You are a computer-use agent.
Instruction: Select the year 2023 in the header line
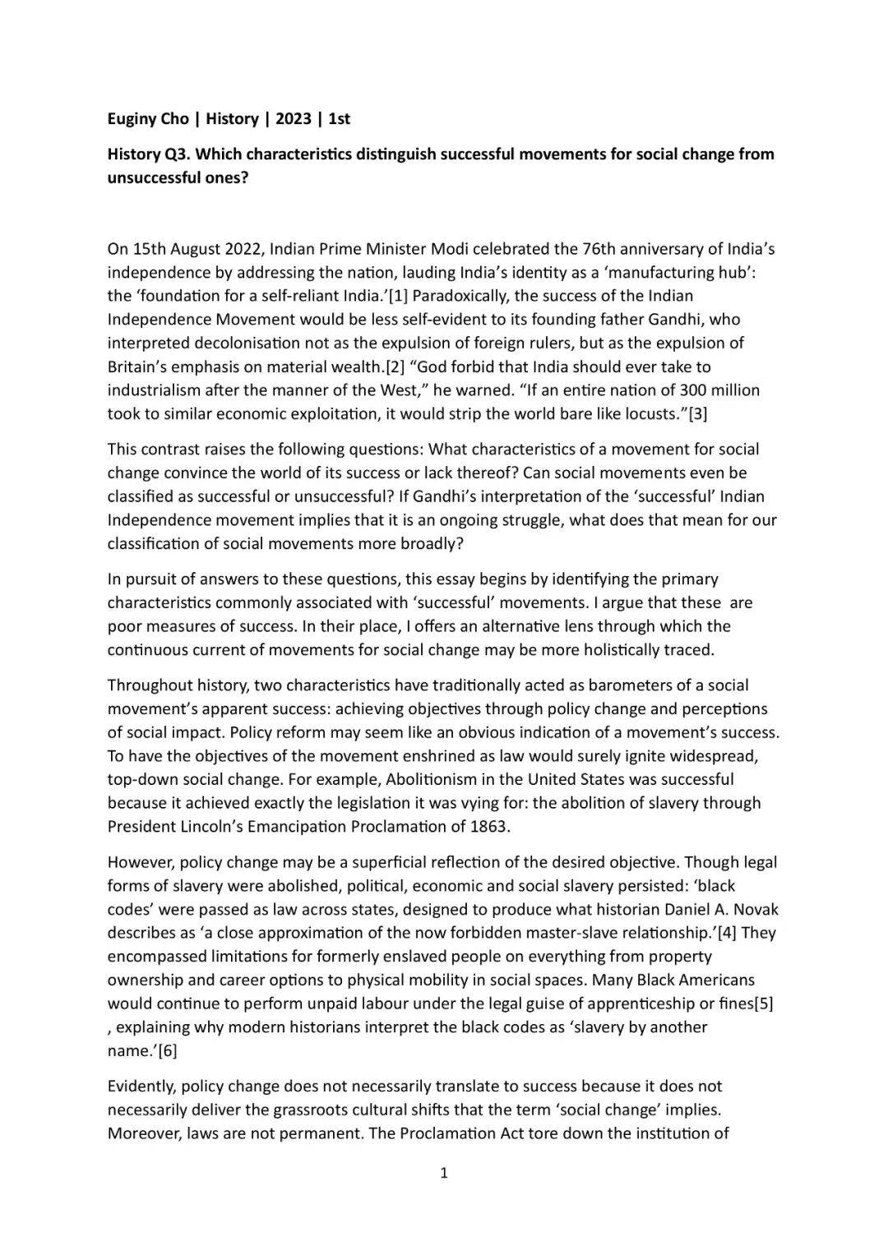click(294, 119)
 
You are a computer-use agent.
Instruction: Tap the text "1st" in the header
click(339, 119)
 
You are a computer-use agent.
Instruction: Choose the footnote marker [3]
click(697, 413)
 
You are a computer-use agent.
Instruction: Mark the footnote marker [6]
click(167, 1051)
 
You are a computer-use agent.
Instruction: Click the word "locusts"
click(650, 413)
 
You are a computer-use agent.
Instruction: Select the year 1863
click(490, 827)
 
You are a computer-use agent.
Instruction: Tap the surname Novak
click(756, 910)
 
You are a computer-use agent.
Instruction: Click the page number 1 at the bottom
click(444, 1174)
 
